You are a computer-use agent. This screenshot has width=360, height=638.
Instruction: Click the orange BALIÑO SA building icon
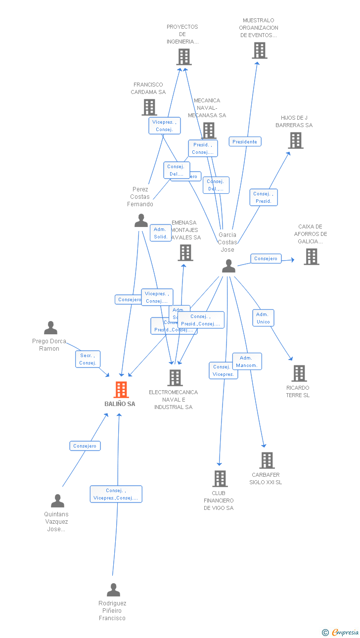[x=121, y=390]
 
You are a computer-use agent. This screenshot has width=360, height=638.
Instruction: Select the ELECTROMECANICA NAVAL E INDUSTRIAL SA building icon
[x=175, y=377]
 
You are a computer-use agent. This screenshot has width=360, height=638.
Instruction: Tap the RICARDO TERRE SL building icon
[x=299, y=373]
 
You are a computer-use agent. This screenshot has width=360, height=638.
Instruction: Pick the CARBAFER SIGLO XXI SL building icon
[x=267, y=460]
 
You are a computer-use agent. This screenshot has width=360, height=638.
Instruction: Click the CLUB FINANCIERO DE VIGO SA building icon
[x=220, y=478]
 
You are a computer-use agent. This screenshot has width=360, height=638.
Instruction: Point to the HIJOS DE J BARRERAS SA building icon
[x=296, y=140]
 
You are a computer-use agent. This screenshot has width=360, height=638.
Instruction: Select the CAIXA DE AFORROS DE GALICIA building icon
[x=311, y=256]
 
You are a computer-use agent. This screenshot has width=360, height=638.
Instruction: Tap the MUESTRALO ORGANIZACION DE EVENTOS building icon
[x=260, y=50]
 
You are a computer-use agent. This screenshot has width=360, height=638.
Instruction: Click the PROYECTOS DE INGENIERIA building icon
[x=184, y=57]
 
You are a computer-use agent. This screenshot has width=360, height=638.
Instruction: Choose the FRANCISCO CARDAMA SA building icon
[x=149, y=107]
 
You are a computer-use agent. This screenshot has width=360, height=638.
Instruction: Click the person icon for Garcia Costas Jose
[x=228, y=266]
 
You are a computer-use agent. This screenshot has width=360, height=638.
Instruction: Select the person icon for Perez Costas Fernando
[x=141, y=221]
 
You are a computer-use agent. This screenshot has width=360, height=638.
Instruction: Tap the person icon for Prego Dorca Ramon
[x=50, y=327]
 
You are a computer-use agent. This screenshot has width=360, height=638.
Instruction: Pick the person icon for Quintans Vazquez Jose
[x=57, y=501]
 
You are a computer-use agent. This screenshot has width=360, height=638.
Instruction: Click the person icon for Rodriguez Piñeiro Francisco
[x=113, y=590]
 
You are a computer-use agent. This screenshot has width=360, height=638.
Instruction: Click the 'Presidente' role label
[x=245, y=141]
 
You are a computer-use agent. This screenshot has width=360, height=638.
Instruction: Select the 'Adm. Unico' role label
[x=263, y=318]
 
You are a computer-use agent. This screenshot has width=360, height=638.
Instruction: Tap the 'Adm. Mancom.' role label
[x=247, y=362]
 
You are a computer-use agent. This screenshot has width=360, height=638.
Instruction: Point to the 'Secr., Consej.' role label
[x=88, y=359]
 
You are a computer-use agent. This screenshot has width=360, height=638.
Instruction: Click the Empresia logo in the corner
[x=341, y=632]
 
